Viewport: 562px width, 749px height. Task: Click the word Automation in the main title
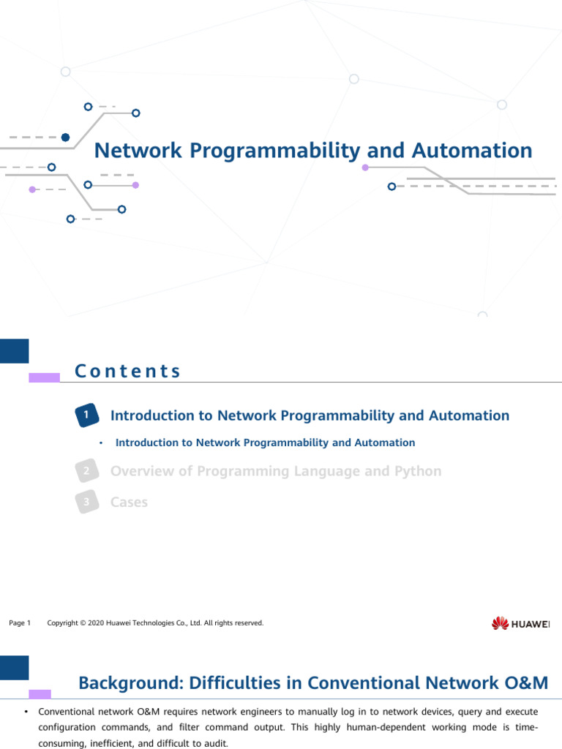tap(472, 151)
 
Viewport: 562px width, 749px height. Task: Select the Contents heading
tap(128, 372)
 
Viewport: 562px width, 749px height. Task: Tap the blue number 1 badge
tap(86, 415)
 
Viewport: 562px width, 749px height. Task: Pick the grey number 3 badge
tap(86, 503)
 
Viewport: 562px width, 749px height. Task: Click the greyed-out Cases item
tap(129, 503)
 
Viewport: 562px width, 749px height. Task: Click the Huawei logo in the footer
tap(520, 623)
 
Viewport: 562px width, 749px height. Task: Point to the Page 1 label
tap(20, 623)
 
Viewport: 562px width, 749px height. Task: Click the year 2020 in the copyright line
tap(95, 623)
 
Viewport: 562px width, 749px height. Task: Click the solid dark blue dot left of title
tap(65, 137)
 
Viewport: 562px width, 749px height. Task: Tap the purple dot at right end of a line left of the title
tap(135, 185)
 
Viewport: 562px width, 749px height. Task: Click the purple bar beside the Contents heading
tap(44, 377)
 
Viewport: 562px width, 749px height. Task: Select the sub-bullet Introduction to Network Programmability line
tap(265, 443)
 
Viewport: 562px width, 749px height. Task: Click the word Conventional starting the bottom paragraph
tap(66, 712)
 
